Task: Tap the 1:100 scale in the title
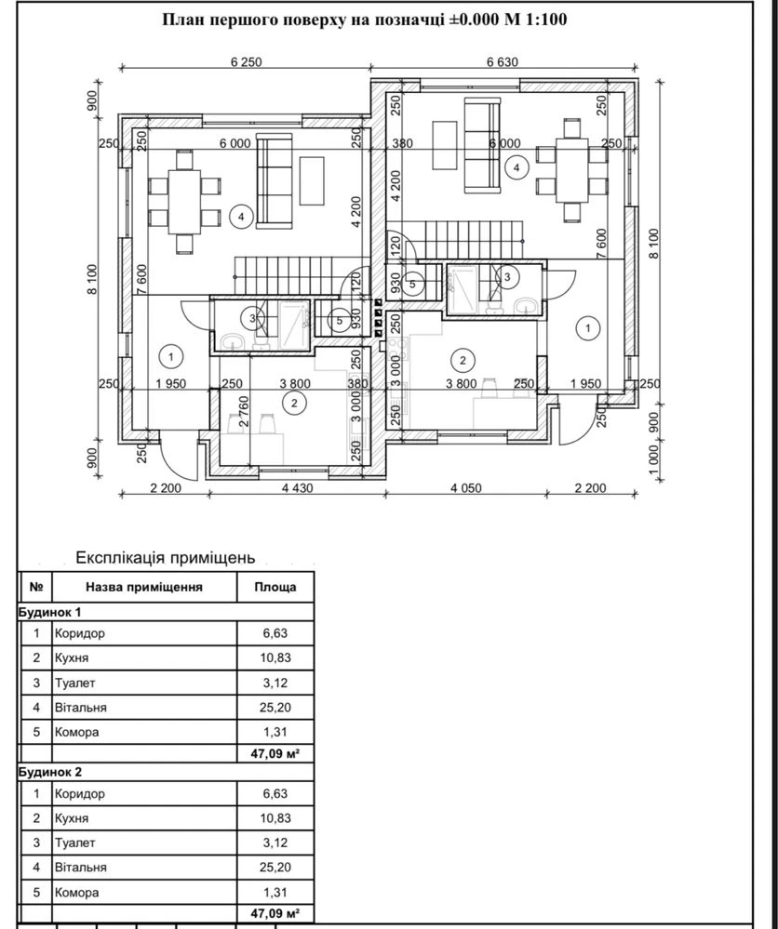pos(546,20)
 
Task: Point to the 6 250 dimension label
pos(246,61)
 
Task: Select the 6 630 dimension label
pos(503,61)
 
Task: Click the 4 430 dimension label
pos(297,488)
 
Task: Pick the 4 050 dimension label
pos(465,488)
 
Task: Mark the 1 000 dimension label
pos(653,459)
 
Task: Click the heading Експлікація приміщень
pos(166,558)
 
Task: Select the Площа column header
pos(275,587)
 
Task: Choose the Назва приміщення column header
pos(144,587)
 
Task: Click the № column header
pos(36,587)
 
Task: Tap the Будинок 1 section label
pos(50,612)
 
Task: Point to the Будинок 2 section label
pos(50,772)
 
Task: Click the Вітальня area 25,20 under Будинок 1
pos(275,708)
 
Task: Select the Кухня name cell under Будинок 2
pos(72,818)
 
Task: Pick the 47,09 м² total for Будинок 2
pos(275,913)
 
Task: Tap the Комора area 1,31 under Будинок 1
pos(275,732)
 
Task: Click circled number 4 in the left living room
pos(241,217)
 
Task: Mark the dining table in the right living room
pos(571,170)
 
